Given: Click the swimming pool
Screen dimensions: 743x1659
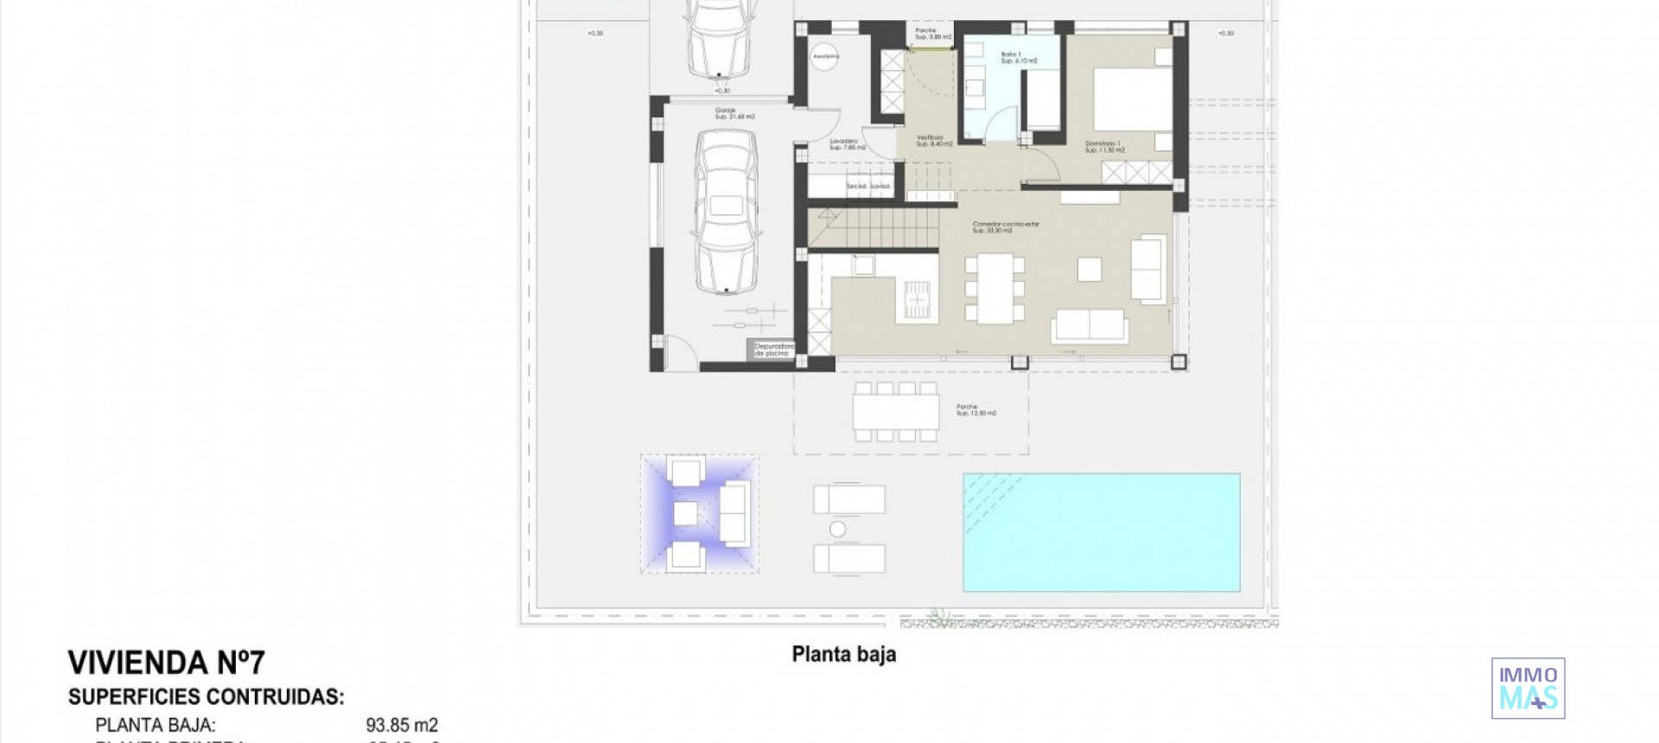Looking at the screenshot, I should [1101, 532].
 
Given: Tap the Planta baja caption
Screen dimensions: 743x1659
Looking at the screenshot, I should [843, 654].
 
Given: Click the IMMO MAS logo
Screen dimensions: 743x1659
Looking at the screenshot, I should [1528, 688].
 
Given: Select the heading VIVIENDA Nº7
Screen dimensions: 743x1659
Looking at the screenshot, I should [166, 663].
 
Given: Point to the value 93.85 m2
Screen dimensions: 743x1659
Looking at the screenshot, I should [401, 725].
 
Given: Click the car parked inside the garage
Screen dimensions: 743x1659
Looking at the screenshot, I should [726, 212].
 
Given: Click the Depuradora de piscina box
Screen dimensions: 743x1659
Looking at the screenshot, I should [772, 350].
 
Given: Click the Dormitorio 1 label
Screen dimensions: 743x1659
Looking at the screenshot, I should [1104, 147].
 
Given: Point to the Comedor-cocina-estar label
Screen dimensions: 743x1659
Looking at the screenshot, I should [1005, 226].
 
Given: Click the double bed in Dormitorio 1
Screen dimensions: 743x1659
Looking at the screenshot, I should [1132, 99].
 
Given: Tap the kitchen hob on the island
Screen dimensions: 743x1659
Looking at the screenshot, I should [916, 300].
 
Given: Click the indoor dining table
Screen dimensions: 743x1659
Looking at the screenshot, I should [995, 289].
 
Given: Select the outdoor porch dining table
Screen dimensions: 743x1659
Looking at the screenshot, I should [895, 412].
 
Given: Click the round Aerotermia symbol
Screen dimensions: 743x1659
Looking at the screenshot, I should [825, 56].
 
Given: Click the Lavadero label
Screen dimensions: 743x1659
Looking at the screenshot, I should [845, 143].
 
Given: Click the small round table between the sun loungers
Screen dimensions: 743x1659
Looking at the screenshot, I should [836, 529].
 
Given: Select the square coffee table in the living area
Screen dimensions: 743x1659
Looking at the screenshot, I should [1089, 270].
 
